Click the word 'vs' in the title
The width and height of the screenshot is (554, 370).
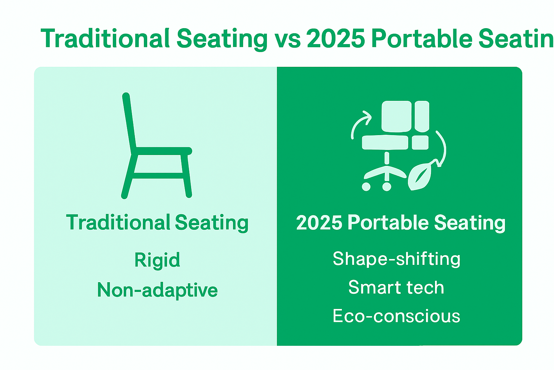pyautogui.click(x=287, y=39)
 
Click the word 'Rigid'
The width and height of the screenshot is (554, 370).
pyautogui.click(x=157, y=260)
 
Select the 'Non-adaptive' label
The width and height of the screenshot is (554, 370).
pyautogui.click(x=157, y=290)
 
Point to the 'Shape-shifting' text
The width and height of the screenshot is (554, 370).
pyautogui.click(x=396, y=259)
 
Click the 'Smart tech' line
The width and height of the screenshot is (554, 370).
pyautogui.click(x=396, y=288)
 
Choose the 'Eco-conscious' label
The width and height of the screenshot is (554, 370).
pyautogui.click(x=396, y=316)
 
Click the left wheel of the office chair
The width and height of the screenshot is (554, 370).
pyautogui.click(x=366, y=186)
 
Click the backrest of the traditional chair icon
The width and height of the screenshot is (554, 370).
pyautogui.click(x=129, y=121)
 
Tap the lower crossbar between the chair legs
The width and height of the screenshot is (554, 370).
pyautogui.click(x=159, y=176)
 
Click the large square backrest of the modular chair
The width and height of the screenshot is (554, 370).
pyautogui.click(x=396, y=116)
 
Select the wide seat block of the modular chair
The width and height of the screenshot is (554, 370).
pyautogui.click(x=385, y=142)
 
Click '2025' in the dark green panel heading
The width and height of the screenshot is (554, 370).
pyautogui.click(x=319, y=223)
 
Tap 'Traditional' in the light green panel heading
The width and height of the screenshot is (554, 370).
pyautogui.click(x=118, y=223)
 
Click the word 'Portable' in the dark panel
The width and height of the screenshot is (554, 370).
pyautogui.click(x=388, y=223)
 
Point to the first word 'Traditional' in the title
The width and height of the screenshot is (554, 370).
pyautogui.click(x=105, y=39)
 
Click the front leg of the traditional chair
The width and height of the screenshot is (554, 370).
pyautogui.click(x=186, y=175)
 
